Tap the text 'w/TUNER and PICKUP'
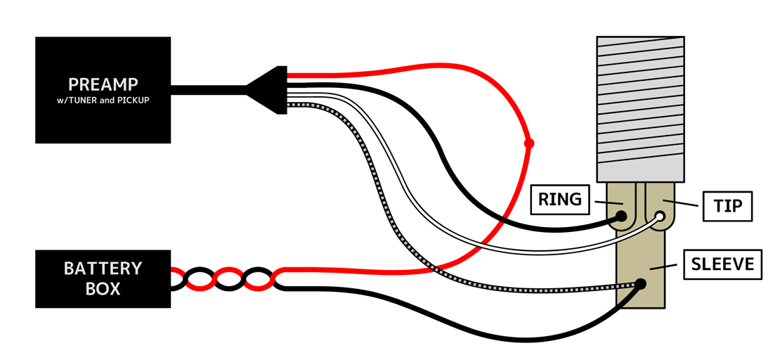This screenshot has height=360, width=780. click(103, 100)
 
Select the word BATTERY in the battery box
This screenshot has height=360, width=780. click(103, 269)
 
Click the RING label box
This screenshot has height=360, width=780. click(560, 200)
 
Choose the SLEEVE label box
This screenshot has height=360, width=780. click(723, 264)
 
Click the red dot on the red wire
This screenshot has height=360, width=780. click(529, 143)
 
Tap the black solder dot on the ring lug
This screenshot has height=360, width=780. click(623, 217)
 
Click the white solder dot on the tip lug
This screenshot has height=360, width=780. click(661, 217)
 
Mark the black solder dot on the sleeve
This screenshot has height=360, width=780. click(641, 285)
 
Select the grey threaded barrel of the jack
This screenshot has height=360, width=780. click(640, 105)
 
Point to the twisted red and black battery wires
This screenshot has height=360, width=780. click(225, 279)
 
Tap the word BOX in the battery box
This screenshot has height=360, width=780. click(103, 288)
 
